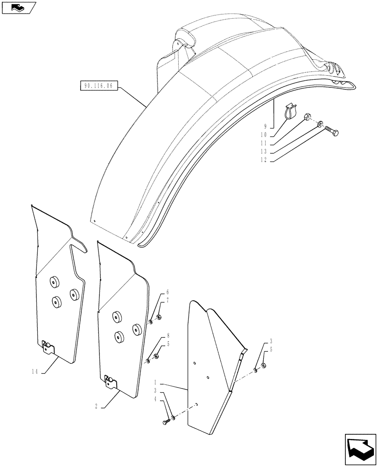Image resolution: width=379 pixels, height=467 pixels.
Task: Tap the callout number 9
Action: point(265,127)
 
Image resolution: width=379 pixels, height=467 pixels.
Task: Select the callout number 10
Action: point(265,135)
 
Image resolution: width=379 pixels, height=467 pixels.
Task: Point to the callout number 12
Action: point(265,160)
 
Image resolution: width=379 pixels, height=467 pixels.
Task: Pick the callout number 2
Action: point(96,406)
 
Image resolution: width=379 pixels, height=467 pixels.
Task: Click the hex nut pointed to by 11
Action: point(308,118)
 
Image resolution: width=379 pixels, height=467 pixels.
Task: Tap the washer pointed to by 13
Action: point(319,124)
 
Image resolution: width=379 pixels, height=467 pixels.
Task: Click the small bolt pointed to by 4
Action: point(167,422)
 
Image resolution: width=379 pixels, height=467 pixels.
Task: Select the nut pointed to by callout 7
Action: point(159,318)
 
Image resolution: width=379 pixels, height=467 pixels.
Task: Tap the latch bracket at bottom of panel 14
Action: point(47,347)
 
